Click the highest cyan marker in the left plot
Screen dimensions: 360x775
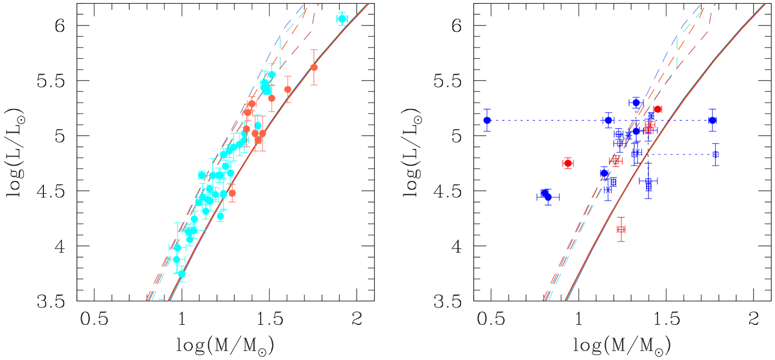click(x=342, y=19)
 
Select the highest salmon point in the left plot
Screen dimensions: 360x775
click(x=314, y=67)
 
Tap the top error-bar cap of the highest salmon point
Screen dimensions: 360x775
click(x=314, y=50)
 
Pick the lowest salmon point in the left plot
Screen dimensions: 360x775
click(x=232, y=193)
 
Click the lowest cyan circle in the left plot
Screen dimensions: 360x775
click(x=182, y=274)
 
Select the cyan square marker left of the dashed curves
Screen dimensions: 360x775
click(x=202, y=175)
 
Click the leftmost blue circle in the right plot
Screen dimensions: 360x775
click(x=487, y=120)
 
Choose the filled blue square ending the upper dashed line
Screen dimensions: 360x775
click(x=712, y=120)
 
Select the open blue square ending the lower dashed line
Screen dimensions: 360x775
click(x=715, y=154)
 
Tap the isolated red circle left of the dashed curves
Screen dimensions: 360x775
click(x=567, y=163)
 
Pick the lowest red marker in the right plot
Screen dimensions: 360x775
click(x=621, y=229)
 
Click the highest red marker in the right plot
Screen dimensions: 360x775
click(x=658, y=109)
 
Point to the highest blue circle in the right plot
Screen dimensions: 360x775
click(x=635, y=102)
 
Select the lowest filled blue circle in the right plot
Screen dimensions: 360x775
click(x=548, y=197)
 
